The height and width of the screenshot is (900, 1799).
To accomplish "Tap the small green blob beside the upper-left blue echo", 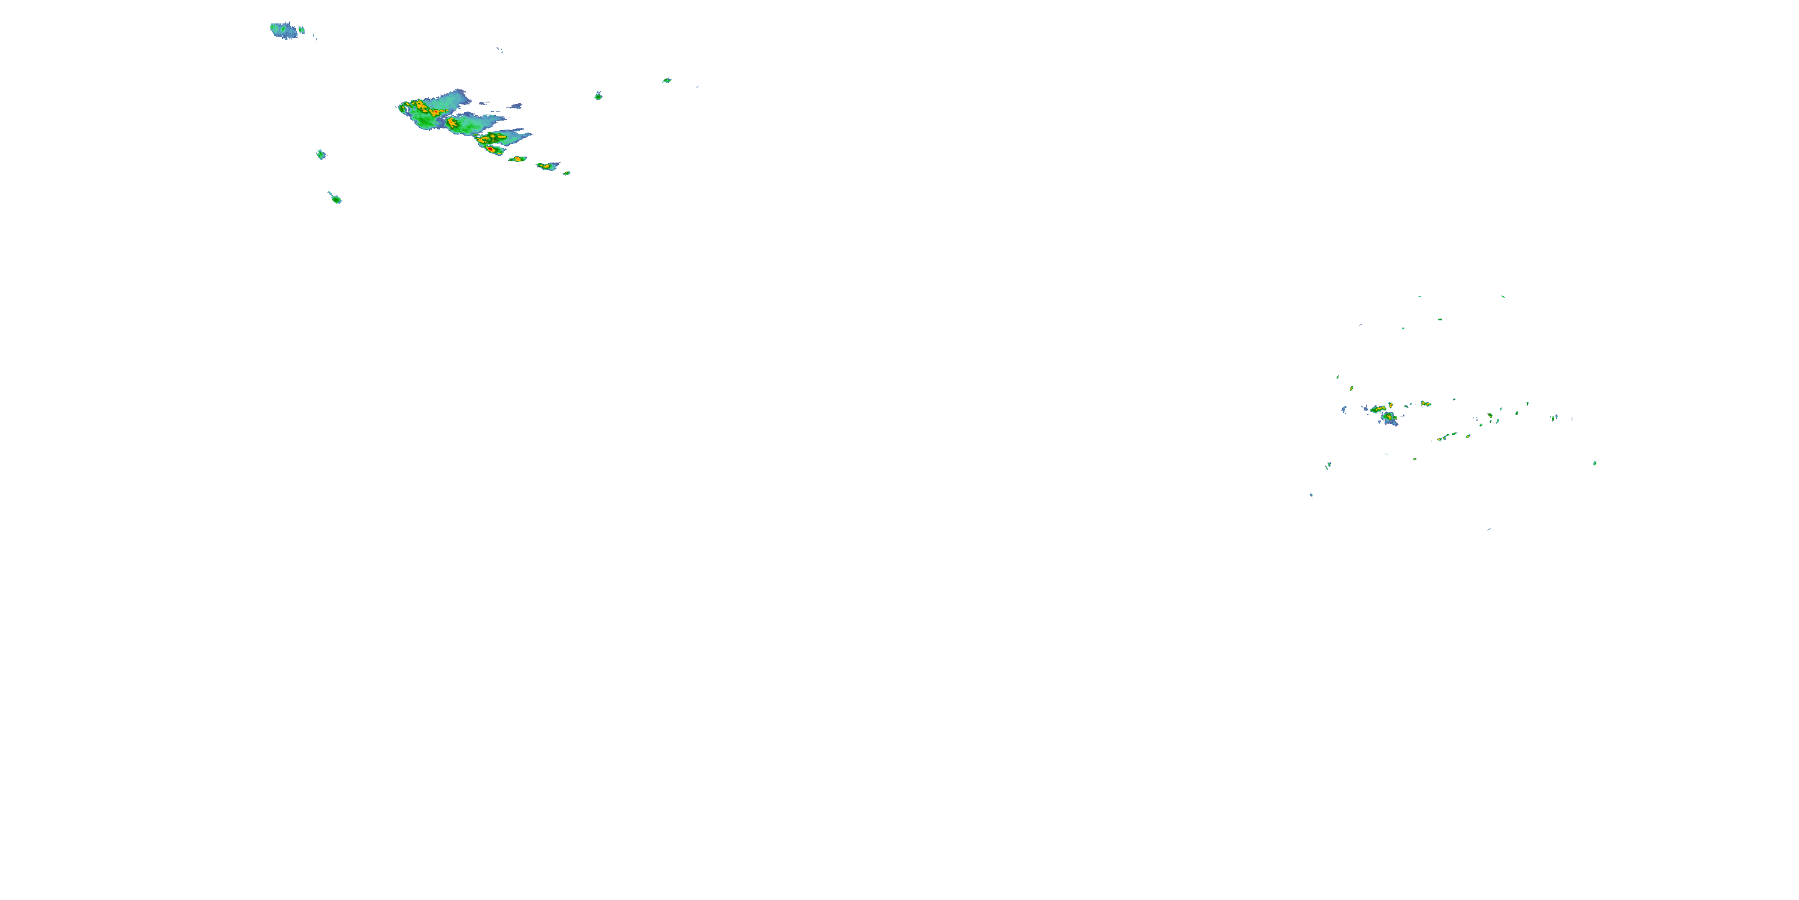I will click(x=302, y=31).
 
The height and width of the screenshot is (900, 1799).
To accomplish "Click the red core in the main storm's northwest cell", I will click(x=421, y=106).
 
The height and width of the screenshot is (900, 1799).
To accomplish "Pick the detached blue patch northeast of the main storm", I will click(x=515, y=106).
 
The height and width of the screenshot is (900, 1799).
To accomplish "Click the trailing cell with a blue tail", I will click(x=547, y=166).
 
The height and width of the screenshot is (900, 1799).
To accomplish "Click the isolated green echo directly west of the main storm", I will click(x=321, y=154).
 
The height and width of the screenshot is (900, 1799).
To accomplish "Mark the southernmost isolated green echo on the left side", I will click(x=336, y=199).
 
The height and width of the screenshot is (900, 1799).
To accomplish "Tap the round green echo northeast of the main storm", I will click(x=598, y=96).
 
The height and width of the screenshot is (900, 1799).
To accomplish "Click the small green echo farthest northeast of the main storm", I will click(x=667, y=80).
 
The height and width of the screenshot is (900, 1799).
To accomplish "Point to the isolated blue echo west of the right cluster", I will click(x=1344, y=409).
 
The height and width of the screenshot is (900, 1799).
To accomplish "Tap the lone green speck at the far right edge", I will click(x=1595, y=463).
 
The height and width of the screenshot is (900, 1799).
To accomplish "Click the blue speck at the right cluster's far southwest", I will click(x=1311, y=495).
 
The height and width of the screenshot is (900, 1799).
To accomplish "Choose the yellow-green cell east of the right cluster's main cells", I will click(x=1425, y=404).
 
